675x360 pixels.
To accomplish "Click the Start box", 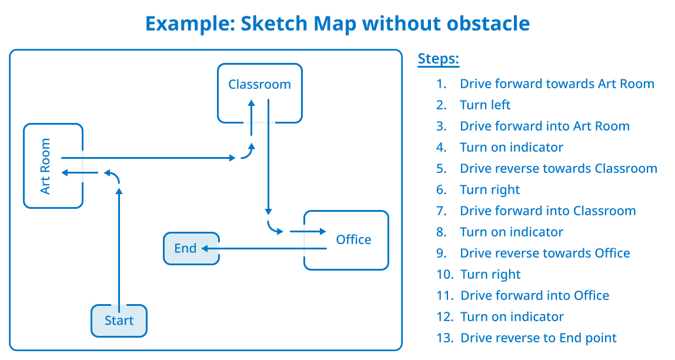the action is point(119,321).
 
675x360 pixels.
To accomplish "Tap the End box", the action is point(191,248).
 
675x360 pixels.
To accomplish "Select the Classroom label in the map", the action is point(259,84).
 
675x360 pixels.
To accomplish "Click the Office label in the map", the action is point(353,239).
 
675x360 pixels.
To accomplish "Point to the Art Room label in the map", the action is point(45,166).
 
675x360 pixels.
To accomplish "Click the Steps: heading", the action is point(438,59).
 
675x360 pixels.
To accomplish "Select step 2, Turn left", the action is point(485,105).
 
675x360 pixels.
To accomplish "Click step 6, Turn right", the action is point(490,189).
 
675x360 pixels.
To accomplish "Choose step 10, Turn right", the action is point(491,274).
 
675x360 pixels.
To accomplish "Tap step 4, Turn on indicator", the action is point(512,147).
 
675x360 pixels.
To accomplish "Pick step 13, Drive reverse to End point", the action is point(539,338).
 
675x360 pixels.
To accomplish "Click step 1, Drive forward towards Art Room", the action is point(557,84).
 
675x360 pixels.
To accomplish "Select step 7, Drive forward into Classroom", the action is point(547,211).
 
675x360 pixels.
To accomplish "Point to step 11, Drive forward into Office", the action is point(534,295).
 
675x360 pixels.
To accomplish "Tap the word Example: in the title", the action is point(191,24).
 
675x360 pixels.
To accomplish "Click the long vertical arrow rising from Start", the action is point(119,250).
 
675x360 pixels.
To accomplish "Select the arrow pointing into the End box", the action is point(264,248).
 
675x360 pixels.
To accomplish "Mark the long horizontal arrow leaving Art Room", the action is point(149,158).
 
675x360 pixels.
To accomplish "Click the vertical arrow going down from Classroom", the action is point(268,157).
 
